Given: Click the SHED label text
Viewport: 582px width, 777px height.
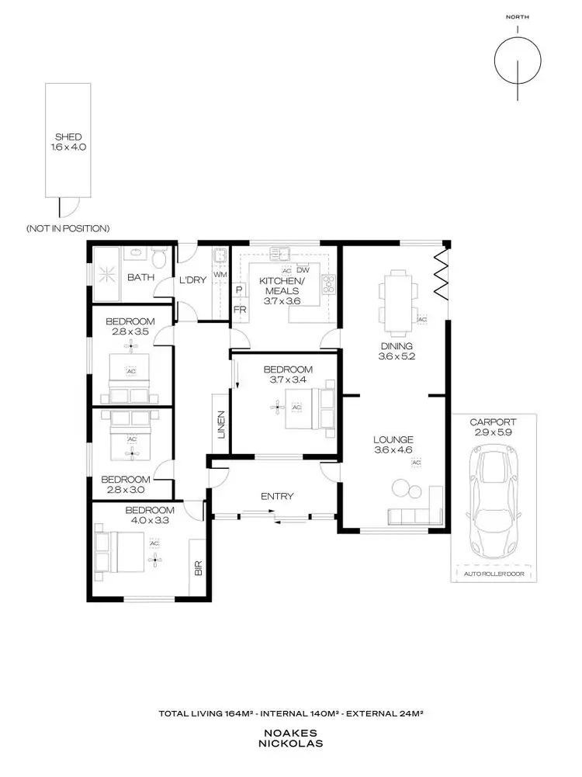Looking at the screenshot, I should [x=68, y=137].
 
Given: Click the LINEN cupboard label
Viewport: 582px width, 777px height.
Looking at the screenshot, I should [x=220, y=425].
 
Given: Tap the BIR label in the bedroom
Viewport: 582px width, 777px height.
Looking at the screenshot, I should [x=198, y=568].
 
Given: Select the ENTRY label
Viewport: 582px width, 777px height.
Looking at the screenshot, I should [x=277, y=496].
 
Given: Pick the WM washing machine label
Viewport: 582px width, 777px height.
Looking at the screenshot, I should [x=220, y=274].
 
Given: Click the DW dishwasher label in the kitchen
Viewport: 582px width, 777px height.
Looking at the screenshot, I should [x=303, y=269].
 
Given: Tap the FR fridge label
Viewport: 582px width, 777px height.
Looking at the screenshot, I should [x=240, y=308].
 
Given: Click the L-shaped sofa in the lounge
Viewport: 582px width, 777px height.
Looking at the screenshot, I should [x=416, y=513].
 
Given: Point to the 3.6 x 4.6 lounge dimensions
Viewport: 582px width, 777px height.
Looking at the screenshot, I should [x=391, y=449].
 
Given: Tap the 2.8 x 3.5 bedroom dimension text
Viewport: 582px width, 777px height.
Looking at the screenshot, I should [x=130, y=331].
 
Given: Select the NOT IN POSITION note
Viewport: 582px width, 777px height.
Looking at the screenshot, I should [x=68, y=228].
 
